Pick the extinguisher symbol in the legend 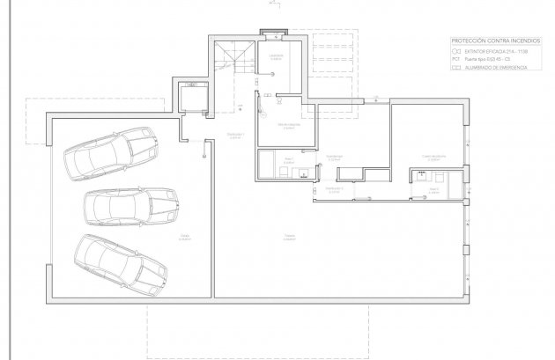pos(456,51)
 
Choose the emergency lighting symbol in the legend pos(456,67)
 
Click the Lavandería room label pos(277,55)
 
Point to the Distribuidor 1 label pos(235,135)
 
